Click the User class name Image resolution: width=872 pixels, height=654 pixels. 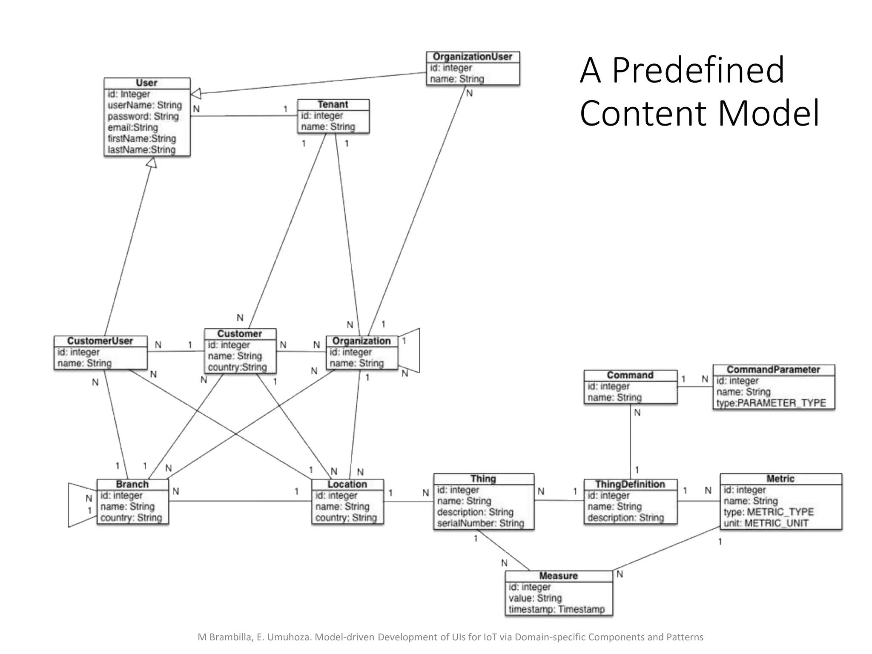pos(146,83)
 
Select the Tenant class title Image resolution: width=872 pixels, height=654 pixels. pos(333,105)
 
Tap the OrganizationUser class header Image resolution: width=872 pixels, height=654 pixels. pos(472,57)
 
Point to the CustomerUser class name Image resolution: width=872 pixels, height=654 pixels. pos(100,341)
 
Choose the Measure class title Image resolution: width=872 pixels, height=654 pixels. pos(558,576)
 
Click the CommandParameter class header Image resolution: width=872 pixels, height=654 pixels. pos(773,370)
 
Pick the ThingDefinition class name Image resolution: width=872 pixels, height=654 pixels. pos(630,485)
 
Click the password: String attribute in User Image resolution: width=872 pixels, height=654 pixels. pos(143,116)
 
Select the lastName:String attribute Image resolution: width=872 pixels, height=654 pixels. pos(141,150)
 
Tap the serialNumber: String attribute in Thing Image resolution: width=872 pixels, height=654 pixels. pos(480,523)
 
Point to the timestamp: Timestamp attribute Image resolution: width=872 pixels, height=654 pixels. pos(556,609)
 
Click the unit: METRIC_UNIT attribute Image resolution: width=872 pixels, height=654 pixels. pos(766,523)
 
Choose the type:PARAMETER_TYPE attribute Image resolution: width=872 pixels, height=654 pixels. pos(771,403)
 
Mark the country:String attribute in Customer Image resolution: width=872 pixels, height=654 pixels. pos(237,367)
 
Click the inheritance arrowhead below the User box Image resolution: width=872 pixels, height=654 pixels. pos(152,163)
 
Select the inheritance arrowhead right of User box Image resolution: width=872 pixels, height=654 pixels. pos(196,94)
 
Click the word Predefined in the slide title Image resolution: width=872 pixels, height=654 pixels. pos(698,70)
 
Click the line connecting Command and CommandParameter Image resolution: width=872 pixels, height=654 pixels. pos(695,387)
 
